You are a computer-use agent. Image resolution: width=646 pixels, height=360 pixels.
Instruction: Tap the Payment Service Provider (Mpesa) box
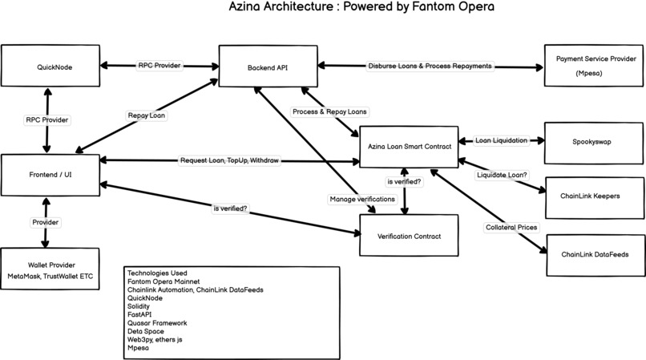click(x=595, y=67)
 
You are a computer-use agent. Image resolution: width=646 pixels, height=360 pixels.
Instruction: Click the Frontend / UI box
click(x=49, y=172)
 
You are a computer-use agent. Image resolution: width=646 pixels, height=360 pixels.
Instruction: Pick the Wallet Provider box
click(x=49, y=270)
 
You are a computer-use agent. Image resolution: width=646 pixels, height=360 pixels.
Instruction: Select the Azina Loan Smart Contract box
click(x=409, y=146)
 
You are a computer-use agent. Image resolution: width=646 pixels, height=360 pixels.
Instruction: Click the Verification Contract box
click(x=409, y=236)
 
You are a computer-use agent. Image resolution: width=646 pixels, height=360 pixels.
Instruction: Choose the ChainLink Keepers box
click(x=595, y=195)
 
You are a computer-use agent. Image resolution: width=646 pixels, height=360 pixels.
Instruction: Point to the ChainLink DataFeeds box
click(x=595, y=254)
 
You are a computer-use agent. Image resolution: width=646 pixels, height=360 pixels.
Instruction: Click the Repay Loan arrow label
click(x=147, y=115)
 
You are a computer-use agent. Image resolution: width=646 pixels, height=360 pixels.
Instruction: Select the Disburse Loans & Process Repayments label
click(x=430, y=66)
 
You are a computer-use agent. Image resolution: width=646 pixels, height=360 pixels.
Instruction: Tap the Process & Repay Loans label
click(x=330, y=111)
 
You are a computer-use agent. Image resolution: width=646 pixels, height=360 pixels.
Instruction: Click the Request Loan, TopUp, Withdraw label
click(x=229, y=161)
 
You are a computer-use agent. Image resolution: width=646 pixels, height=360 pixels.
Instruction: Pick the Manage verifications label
click(x=362, y=198)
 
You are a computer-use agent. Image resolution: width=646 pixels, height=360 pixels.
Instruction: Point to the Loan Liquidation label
click(x=501, y=140)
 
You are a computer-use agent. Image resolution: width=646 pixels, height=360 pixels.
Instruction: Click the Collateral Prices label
click(x=511, y=228)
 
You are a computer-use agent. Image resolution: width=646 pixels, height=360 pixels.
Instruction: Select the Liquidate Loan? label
click(x=502, y=174)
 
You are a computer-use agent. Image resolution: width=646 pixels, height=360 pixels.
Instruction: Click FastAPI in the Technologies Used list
click(x=140, y=314)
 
